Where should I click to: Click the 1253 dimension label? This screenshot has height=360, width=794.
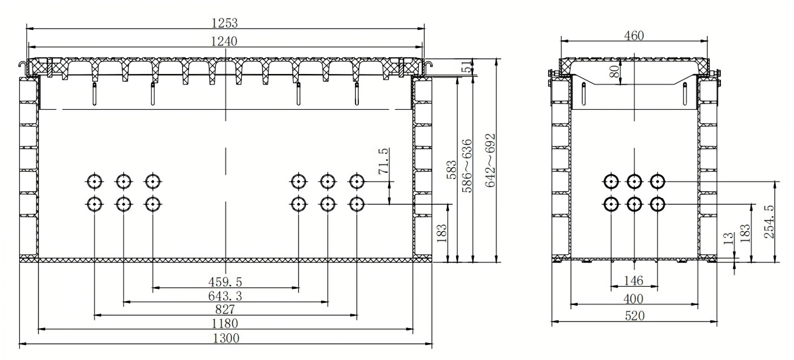[225, 23]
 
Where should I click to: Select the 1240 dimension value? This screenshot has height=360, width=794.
[224, 41]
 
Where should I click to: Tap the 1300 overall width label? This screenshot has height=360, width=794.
[226, 339]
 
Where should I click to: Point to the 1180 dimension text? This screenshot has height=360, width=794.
[225, 324]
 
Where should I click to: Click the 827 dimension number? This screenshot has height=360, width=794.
[225, 309]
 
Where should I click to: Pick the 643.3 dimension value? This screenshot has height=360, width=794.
[225, 296]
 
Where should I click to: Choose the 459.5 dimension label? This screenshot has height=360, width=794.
[225, 282]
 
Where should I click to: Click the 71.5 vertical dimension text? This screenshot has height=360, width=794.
[383, 161]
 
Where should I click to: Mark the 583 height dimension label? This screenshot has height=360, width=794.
[451, 170]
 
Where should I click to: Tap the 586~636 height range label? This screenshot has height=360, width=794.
[467, 166]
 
